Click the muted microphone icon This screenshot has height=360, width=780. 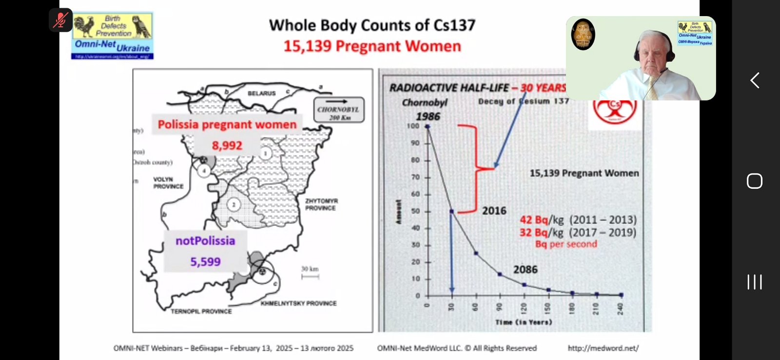(60, 20)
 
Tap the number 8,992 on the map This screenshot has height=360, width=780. (227, 145)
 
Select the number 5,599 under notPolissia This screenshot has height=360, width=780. (205, 262)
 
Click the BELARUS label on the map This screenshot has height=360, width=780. (261, 93)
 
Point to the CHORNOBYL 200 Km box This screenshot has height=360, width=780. (338, 110)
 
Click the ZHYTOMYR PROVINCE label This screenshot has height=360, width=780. (321, 204)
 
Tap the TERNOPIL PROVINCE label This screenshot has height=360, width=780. (201, 311)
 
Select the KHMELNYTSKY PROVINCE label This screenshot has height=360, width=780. (298, 303)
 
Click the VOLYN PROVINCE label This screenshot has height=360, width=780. (168, 183)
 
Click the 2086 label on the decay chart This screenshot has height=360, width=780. (525, 270)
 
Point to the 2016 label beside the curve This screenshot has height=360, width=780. (494, 211)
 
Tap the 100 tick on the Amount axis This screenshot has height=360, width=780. (413, 126)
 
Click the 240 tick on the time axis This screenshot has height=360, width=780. (620, 308)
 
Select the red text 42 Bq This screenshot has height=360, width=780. (534, 220)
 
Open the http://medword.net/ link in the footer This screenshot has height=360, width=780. (603, 348)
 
